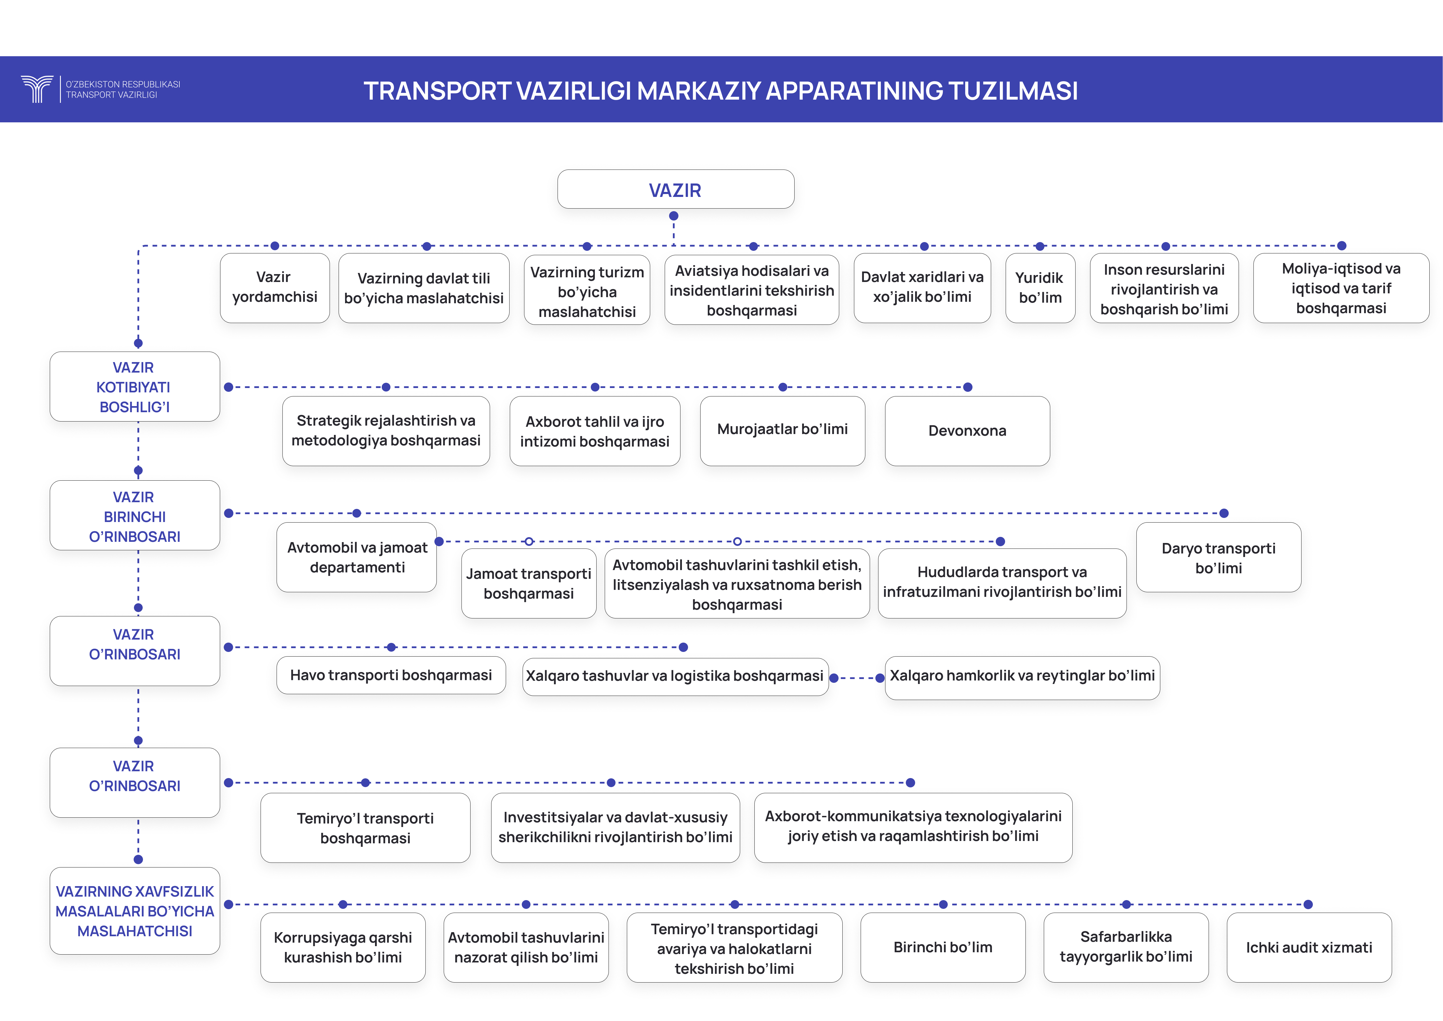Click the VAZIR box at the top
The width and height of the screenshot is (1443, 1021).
point(675,189)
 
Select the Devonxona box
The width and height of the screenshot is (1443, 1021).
point(967,431)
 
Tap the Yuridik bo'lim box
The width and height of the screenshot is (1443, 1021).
point(1040,288)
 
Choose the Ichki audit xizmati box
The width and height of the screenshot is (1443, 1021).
point(1309,947)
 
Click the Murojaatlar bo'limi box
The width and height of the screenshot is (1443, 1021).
point(782,431)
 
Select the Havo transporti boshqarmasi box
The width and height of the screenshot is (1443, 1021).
point(391,675)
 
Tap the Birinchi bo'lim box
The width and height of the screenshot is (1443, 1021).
point(943,947)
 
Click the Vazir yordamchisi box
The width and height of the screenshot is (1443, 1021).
point(275,288)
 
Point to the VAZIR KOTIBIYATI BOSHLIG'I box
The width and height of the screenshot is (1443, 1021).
point(135,387)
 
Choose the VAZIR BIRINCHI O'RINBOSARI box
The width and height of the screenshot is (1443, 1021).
point(135,516)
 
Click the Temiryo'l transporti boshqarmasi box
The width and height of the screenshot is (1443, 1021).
point(365,828)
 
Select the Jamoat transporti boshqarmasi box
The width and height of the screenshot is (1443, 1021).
point(528,583)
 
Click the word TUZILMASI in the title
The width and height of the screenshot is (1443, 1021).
point(1012,91)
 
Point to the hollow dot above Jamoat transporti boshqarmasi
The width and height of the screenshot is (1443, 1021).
point(529,541)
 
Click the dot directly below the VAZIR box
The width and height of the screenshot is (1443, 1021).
point(674,216)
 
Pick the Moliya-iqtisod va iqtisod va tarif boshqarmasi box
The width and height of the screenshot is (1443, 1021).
point(1341,288)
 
